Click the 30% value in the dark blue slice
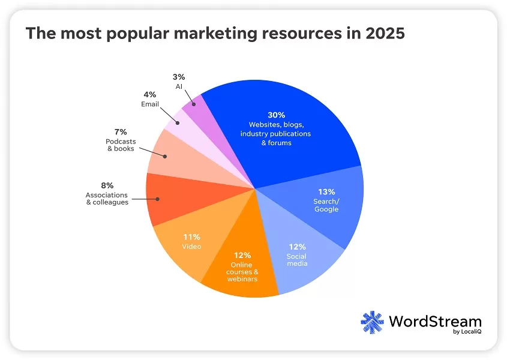[275, 115]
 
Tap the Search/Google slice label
[326, 205]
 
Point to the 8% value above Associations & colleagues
[107, 185]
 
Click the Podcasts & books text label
[121, 145]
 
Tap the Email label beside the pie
[150, 104]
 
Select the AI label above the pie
[179, 86]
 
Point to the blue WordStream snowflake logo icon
[372, 322]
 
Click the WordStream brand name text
[434, 320]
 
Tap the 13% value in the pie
[326, 192]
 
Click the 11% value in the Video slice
[191, 237]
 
